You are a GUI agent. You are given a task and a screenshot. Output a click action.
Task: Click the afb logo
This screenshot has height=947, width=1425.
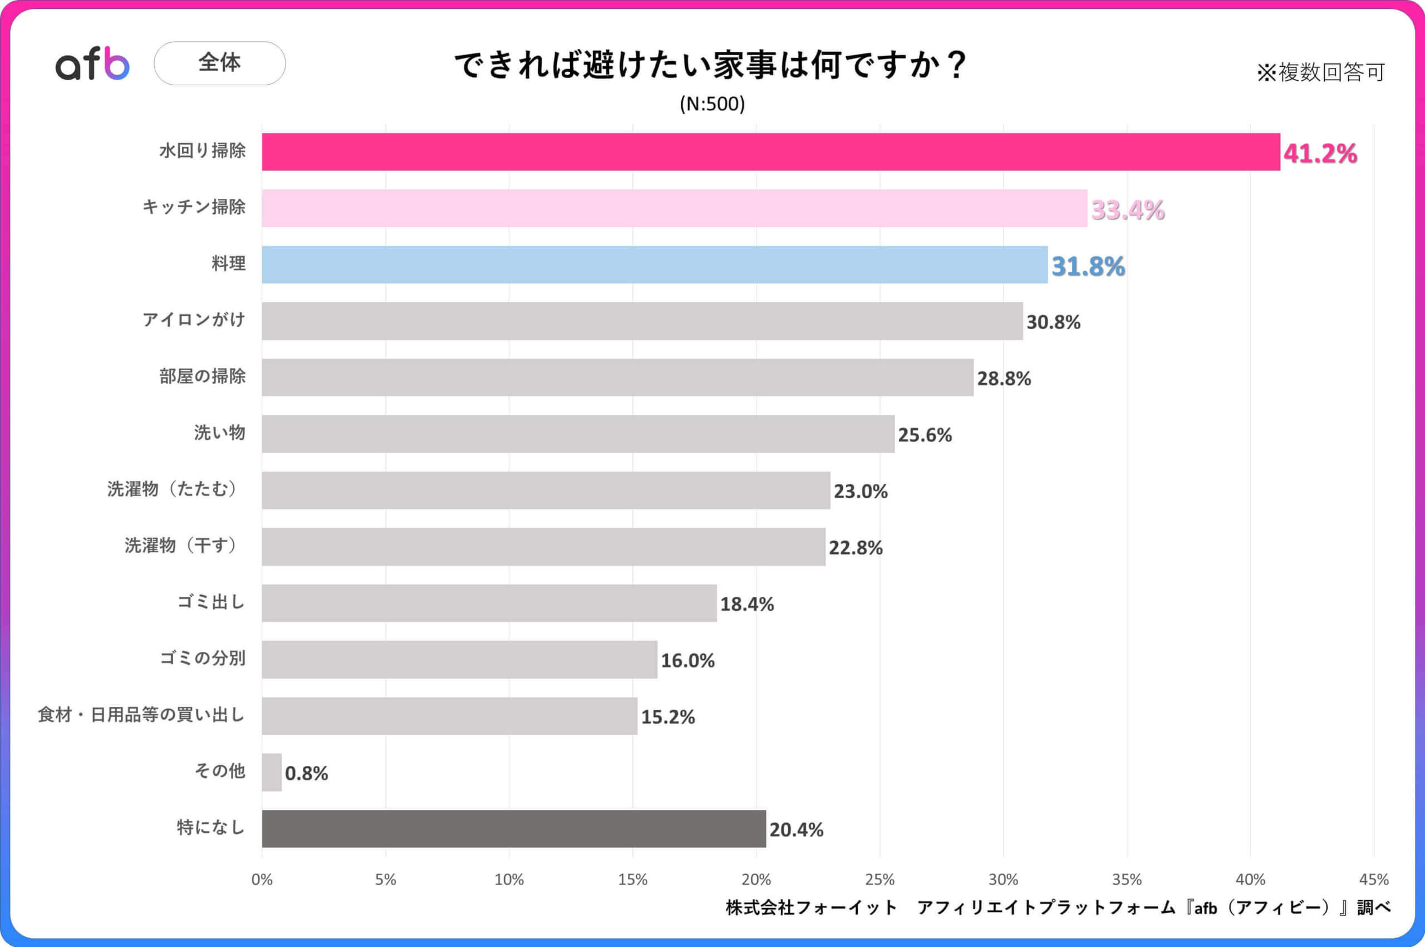pyautogui.click(x=92, y=64)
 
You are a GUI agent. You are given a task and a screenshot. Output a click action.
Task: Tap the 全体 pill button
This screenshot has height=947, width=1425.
pyautogui.click(x=219, y=63)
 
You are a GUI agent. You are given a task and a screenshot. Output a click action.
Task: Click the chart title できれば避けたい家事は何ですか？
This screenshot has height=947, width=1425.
pyautogui.click(x=711, y=65)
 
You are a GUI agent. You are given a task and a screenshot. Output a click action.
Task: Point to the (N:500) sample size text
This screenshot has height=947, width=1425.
pyautogui.click(x=712, y=104)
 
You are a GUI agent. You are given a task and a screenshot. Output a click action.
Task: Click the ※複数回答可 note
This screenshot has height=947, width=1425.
pyautogui.click(x=1320, y=72)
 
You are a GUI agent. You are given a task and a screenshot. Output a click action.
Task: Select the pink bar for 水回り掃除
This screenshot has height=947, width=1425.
pyautogui.click(x=770, y=151)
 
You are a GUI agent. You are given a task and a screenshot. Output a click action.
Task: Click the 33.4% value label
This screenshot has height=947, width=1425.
pyautogui.click(x=1127, y=210)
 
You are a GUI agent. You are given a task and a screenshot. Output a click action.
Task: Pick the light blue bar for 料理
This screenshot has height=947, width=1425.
pyautogui.click(x=654, y=264)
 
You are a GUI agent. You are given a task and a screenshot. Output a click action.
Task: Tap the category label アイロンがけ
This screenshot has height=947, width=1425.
pyautogui.click(x=194, y=320)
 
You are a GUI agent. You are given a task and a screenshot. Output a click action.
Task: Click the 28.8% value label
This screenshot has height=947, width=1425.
pyautogui.click(x=1004, y=379)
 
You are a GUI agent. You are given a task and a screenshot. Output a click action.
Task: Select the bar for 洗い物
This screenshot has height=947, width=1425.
pyautogui.click(x=577, y=434)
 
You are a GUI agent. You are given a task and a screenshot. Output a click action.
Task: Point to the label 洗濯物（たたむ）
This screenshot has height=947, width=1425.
pyautogui.click(x=173, y=489)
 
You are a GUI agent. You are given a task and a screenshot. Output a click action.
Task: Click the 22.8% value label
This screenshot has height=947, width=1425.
pyautogui.click(x=855, y=548)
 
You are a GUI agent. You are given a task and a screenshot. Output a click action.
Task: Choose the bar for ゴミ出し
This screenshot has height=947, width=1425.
pyautogui.click(x=489, y=603)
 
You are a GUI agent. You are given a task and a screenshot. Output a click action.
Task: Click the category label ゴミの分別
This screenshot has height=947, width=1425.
pyautogui.click(x=202, y=657)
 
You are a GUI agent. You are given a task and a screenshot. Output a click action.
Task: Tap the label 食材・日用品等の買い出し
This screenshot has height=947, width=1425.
pyautogui.click(x=141, y=714)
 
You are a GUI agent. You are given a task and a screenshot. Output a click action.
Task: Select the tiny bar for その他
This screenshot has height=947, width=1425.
pyautogui.click(x=271, y=772)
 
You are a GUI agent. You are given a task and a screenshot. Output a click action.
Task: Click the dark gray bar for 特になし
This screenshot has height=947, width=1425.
pyautogui.click(x=513, y=828)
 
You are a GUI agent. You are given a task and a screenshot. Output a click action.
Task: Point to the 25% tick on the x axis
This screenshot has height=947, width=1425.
pyautogui.click(x=879, y=880)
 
